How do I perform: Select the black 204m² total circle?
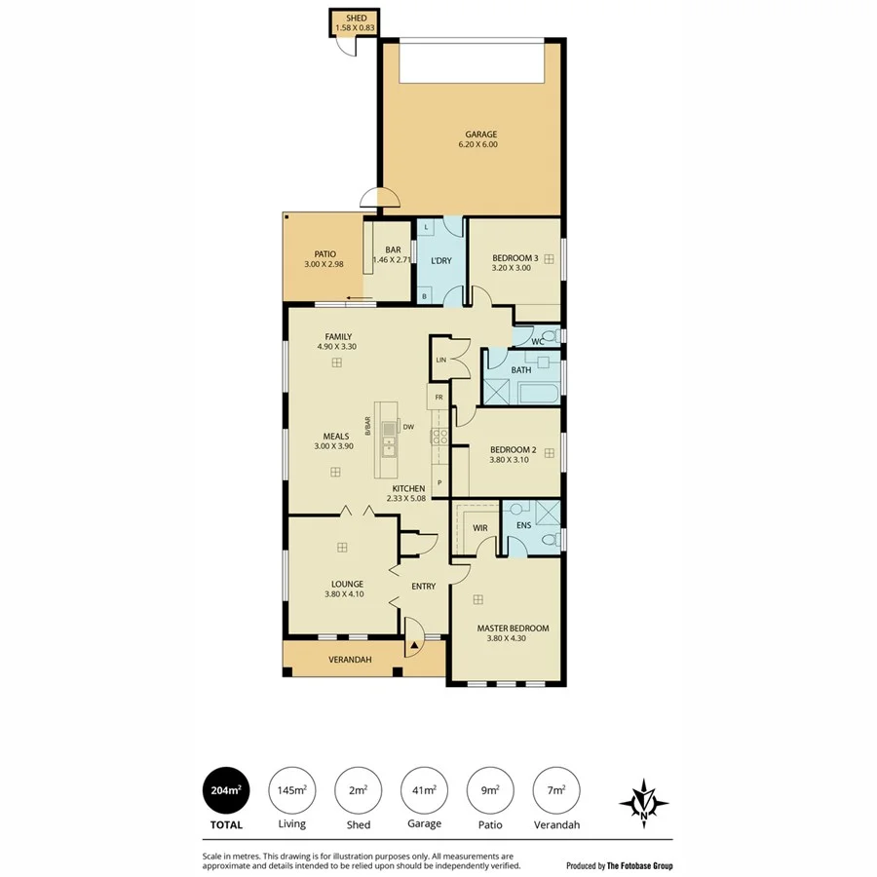[225, 790]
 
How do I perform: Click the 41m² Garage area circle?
[424, 790]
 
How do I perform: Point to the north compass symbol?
[643, 802]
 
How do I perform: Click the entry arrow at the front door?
[414, 644]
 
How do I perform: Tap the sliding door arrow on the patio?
[360, 298]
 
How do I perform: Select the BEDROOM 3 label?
[515, 257]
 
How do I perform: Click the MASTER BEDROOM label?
[513, 629]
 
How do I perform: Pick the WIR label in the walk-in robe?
[479, 528]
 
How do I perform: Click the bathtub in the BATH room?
[536, 394]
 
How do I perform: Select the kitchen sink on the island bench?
[389, 447]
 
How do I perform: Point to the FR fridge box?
[438, 399]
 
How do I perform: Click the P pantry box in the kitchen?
[439, 482]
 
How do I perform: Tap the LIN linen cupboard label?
[440, 360]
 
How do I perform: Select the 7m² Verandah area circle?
[557, 790]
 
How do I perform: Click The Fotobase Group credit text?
[639, 865]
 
